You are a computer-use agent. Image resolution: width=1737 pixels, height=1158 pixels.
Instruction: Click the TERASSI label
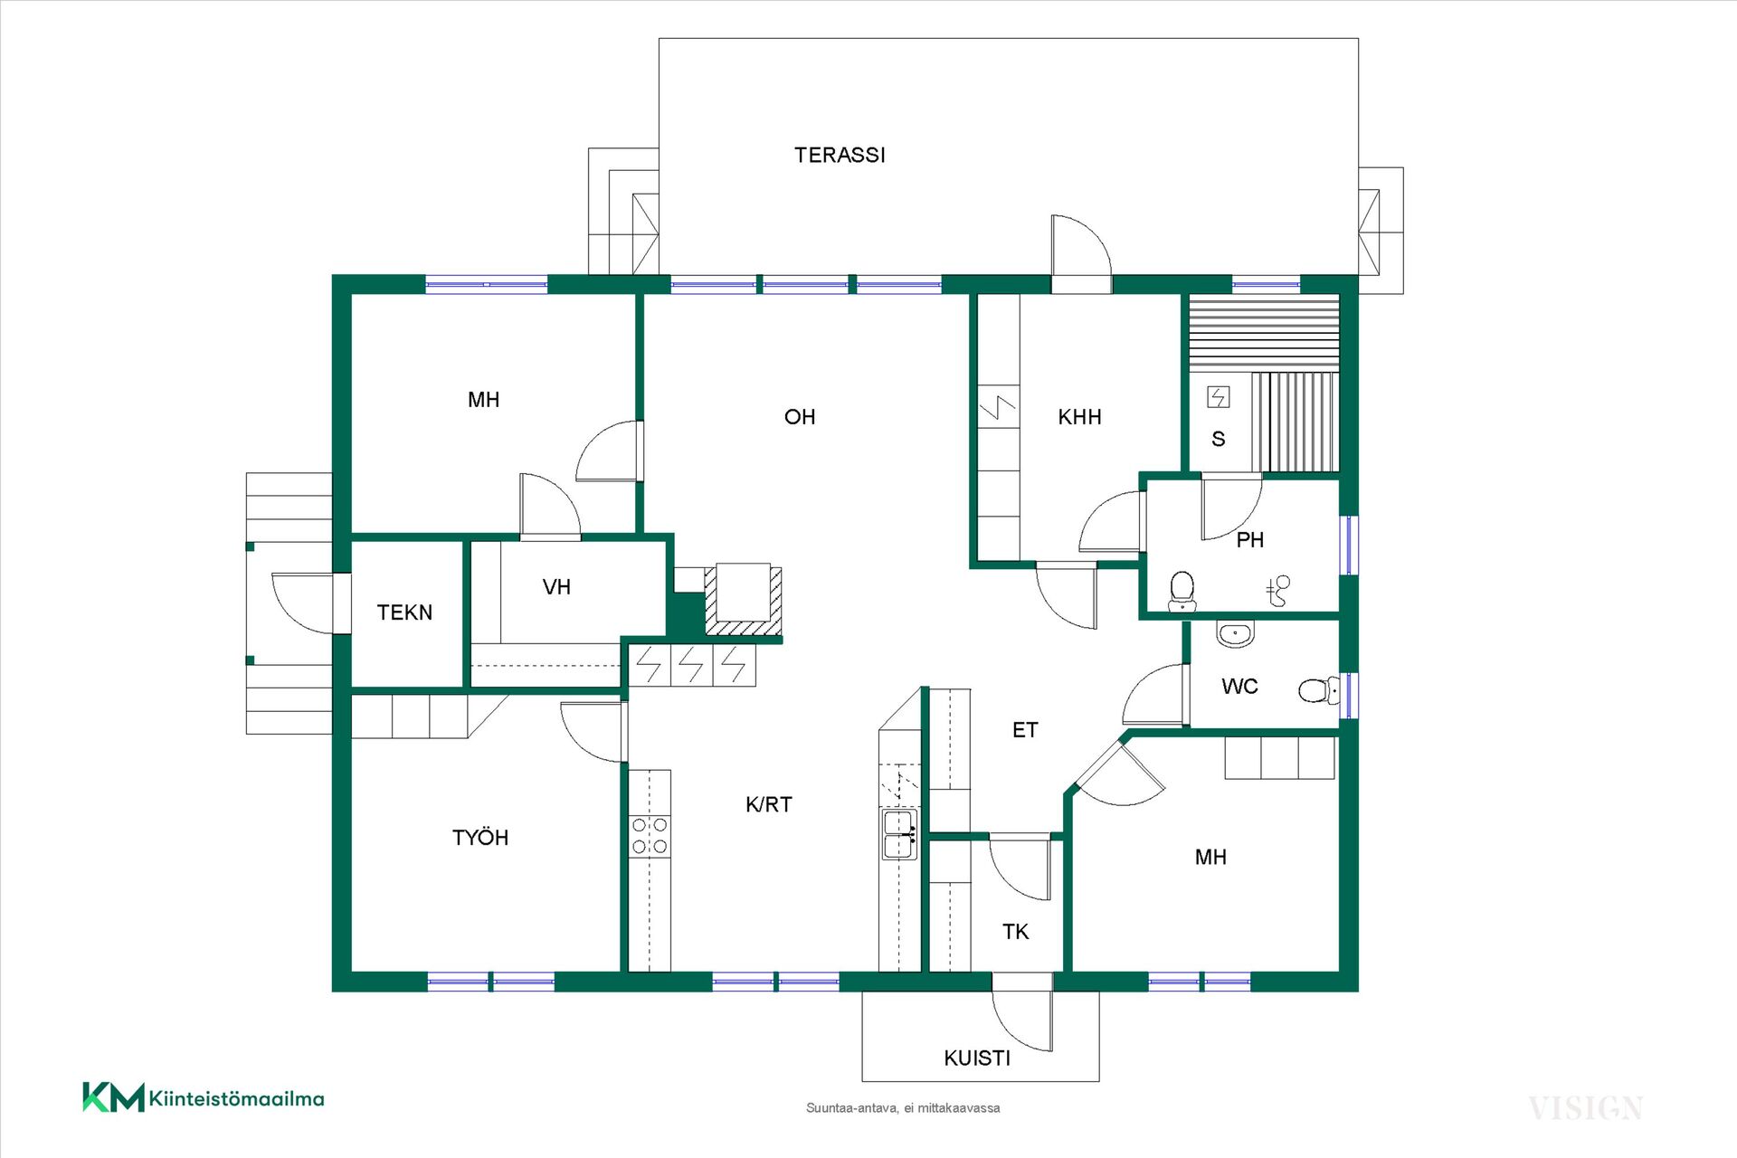[x=840, y=156]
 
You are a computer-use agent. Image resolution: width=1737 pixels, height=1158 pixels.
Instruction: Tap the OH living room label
[x=800, y=417]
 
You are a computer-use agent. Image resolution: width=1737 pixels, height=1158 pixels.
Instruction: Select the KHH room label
[x=1079, y=417]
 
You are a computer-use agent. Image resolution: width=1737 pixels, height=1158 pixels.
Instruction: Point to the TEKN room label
[x=404, y=612]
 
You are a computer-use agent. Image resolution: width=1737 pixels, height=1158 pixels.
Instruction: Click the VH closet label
[x=556, y=587]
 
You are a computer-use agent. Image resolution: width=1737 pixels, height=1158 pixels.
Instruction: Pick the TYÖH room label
[x=480, y=838]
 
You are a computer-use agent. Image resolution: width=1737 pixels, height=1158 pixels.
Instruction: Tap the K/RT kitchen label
[x=769, y=804]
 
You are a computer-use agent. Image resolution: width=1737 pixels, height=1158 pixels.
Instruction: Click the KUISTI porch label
[x=977, y=1058]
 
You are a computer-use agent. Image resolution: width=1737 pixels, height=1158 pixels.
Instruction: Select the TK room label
[x=1015, y=932]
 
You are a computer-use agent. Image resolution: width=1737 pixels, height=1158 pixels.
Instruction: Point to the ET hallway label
[x=1025, y=730]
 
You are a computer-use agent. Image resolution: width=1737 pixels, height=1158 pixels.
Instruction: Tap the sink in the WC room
[x=1235, y=633]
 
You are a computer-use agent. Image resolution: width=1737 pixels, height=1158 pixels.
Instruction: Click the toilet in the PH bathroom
[x=1182, y=592]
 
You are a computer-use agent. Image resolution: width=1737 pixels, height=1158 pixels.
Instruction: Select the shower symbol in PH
[x=1277, y=591]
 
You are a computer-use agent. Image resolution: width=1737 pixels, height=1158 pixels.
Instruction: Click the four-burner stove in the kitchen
[x=650, y=836]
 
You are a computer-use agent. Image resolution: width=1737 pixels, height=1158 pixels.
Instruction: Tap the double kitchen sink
[x=899, y=834]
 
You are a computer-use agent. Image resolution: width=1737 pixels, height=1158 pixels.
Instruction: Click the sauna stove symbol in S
[x=1219, y=396]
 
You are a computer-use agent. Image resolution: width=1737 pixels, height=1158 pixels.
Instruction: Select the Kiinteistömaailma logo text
[x=236, y=1099]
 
